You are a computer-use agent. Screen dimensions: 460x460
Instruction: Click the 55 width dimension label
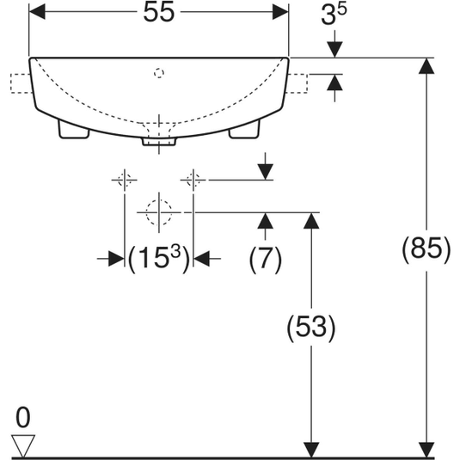point(159,12)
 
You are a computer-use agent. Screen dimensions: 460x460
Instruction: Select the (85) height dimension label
point(426,249)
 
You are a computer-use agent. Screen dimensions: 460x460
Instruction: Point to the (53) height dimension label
point(311,328)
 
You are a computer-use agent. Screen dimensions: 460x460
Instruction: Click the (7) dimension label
point(265,260)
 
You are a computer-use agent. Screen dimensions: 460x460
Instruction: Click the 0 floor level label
point(23,418)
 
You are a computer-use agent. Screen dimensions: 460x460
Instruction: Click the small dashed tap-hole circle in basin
point(159,73)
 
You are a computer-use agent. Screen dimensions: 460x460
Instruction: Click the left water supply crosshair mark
point(125,180)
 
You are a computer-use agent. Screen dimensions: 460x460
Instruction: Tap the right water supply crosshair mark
point(193,180)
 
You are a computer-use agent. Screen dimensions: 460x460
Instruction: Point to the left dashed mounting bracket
point(21,83)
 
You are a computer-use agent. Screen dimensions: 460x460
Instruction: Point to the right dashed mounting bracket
point(297,83)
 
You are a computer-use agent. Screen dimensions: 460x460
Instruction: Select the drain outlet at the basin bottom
point(159,141)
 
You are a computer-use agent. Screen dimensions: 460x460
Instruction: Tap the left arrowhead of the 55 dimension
point(37,12)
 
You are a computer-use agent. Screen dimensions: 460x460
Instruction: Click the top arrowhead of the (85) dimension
point(426,66)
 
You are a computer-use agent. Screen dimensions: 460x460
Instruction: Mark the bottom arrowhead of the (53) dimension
point(311,450)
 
